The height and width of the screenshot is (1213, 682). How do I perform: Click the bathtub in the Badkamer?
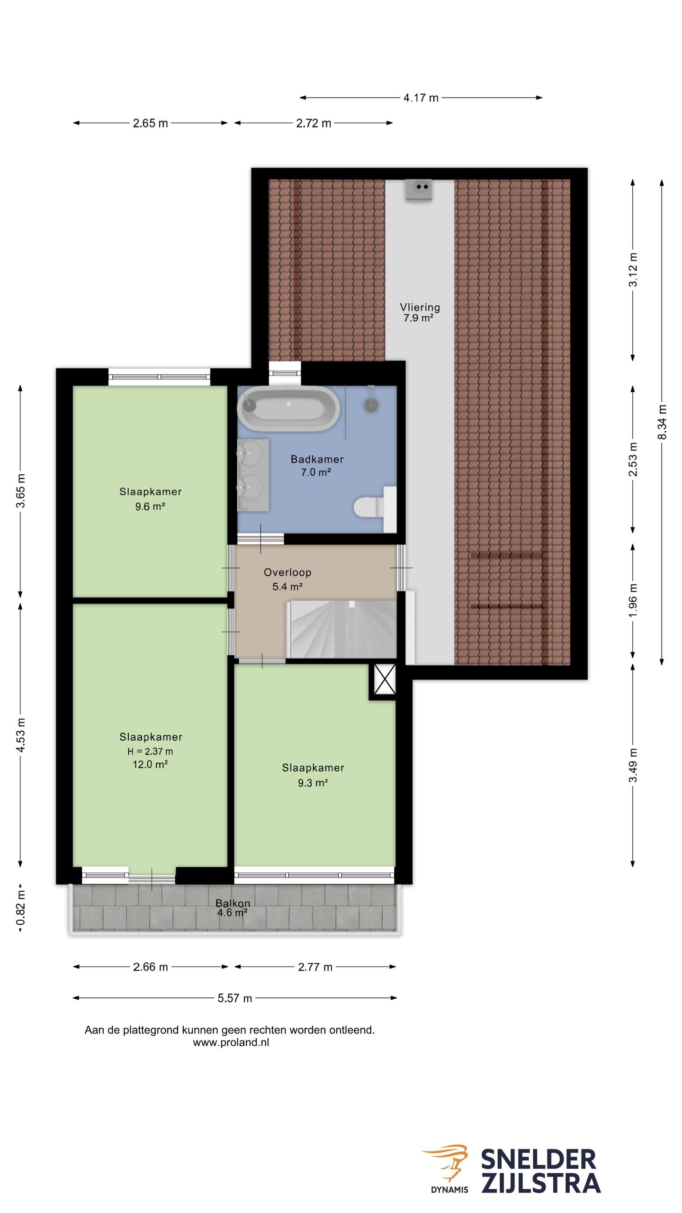[288, 408]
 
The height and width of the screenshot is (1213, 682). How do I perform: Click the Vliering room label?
[420, 307]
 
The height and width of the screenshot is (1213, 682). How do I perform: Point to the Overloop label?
[287, 572]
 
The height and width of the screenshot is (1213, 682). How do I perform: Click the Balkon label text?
[233, 903]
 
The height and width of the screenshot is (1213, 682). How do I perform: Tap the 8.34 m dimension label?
[662, 422]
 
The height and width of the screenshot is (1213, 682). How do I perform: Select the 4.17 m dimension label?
[421, 98]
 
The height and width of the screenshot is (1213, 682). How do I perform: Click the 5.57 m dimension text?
[235, 998]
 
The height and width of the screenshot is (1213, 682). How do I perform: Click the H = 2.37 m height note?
[150, 751]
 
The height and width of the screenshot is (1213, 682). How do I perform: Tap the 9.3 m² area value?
[313, 783]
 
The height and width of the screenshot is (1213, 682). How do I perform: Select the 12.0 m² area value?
[150, 764]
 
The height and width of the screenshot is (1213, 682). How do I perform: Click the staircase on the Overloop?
[342, 629]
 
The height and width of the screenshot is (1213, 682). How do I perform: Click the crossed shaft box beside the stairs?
[385, 679]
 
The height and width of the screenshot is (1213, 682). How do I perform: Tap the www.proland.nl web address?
[231, 1042]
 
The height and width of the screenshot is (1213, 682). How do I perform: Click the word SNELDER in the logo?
[538, 1160]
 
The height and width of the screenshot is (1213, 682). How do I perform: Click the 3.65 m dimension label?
[21, 490]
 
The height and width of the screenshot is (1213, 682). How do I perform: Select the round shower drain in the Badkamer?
[371, 405]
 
